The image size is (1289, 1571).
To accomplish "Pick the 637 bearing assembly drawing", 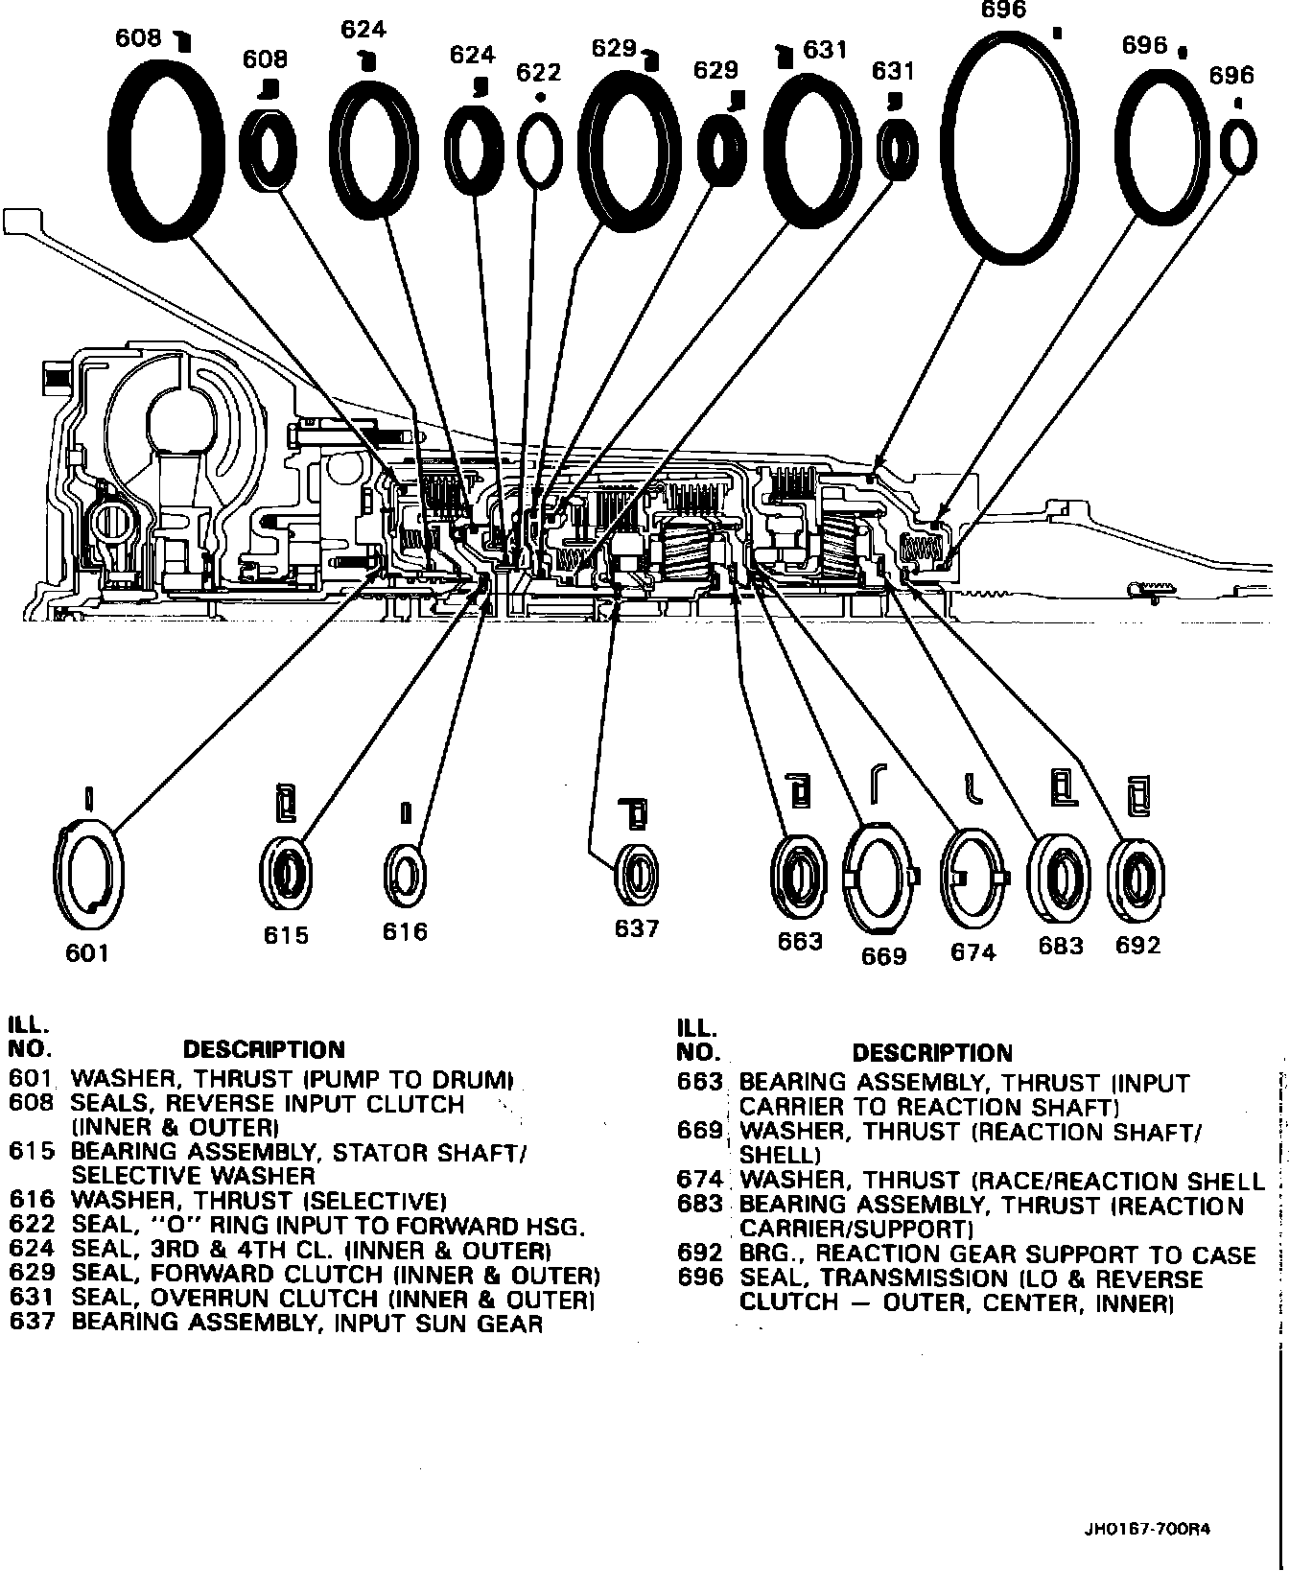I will pyautogui.click(x=637, y=874).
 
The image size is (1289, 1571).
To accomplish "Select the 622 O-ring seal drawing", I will pyautogui.click(x=540, y=148).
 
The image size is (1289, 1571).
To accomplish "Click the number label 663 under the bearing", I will pyautogui.click(x=800, y=941).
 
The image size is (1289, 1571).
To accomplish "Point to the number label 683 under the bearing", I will pyautogui.click(x=1061, y=947).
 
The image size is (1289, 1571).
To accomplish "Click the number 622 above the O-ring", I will pyautogui.click(x=538, y=73).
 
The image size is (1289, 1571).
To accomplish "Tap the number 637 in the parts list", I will pyautogui.click(x=29, y=1324).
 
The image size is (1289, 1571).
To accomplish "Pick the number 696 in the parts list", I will pyautogui.click(x=699, y=1278).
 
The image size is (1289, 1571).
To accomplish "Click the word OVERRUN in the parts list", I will pyautogui.click(x=227, y=1300).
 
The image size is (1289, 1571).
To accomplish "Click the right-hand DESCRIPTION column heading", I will pyautogui.click(x=931, y=1053).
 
